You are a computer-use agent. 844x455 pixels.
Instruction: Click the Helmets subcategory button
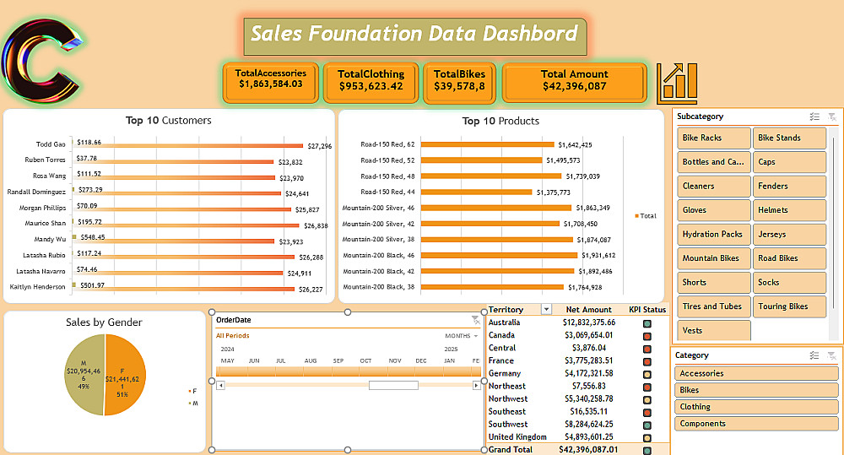tap(789, 210)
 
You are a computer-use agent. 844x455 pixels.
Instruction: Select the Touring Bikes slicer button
tap(789, 306)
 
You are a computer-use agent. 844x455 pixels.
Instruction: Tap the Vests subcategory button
tap(713, 331)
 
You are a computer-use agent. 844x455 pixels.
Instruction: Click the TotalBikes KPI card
tap(459, 80)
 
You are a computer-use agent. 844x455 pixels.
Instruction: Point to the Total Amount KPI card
tap(574, 80)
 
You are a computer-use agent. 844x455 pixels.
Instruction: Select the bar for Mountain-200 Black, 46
tap(499, 255)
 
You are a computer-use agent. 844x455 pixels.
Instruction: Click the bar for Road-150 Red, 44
tap(477, 192)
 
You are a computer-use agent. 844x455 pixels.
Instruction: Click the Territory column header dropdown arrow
tap(546, 310)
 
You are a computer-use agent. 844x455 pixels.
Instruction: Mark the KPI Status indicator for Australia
tap(647, 322)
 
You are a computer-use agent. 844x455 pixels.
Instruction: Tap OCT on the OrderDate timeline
tap(365, 360)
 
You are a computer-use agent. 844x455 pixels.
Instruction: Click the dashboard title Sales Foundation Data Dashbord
tap(414, 35)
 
